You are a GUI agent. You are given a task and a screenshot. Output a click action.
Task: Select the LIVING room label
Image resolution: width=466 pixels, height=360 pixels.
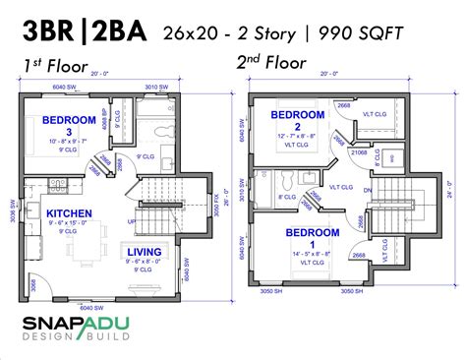click(145, 252)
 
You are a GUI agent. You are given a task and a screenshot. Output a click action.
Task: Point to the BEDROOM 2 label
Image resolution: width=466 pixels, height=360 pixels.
click(298, 115)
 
